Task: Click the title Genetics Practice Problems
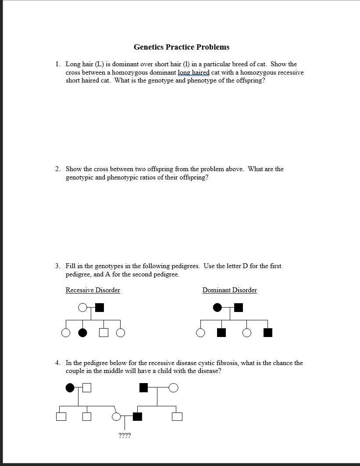click(x=181, y=47)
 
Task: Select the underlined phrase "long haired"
click(x=193, y=72)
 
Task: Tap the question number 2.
click(x=57, y=169)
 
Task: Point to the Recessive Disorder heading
click(x=93, y=290)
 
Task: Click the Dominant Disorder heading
click(x=229, y=290)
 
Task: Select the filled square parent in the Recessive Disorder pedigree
click(x=100, y=308)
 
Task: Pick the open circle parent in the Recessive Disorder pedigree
click(x=82, y=308)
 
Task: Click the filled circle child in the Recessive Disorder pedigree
click(x=82, y=333)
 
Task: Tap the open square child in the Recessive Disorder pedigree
click(x=103, y=333)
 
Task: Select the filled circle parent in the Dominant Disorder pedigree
click(x=217, y=308)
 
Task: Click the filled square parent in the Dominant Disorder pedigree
click(x=238, y=308)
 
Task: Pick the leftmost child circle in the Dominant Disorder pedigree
click(x=200, y=333)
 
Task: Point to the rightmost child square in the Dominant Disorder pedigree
click(x=268, y=333)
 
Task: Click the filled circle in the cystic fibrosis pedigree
click(x=69, y=387)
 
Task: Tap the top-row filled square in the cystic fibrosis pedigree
click(x=143, y=387)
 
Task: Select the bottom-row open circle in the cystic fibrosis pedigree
click(x=117, y=416)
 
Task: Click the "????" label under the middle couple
click(x=125, y=436)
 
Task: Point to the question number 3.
click(x=57, y=266)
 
